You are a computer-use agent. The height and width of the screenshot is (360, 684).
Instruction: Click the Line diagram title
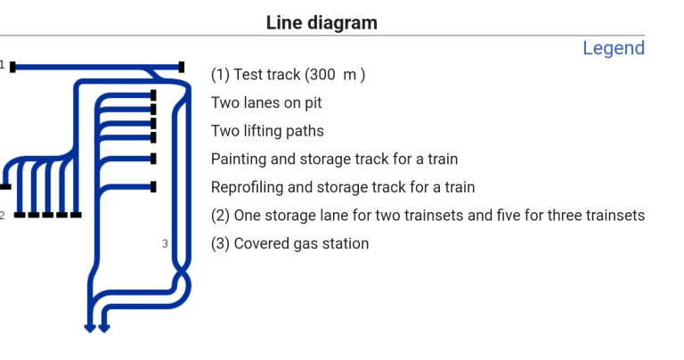pyautogui.click(x=322, y=23)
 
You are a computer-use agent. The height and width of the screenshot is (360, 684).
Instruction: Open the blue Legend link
pyautogui.click(x=613, y=48)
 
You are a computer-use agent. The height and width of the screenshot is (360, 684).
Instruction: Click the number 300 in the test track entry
pyautogui.click(x=321, y=75)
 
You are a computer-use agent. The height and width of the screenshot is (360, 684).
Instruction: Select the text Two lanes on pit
pyautogui.click(x=266, y=102)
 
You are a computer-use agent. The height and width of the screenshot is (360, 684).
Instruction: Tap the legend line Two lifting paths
pyautogui.click(x=267, y=131)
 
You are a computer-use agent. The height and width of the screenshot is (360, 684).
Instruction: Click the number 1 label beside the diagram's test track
pyautogui.click(x=3, y=65)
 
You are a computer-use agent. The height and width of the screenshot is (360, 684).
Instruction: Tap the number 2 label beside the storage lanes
pyautogui.click(x=3, y=215)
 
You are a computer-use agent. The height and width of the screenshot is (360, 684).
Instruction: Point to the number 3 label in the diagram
pyautogui.click(x=165, y=243)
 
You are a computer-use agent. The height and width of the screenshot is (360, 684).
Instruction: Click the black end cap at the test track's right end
pyautogui.click(x=182, y=67)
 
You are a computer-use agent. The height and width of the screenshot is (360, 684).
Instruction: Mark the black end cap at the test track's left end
pyautogui.click(x=12, y=67)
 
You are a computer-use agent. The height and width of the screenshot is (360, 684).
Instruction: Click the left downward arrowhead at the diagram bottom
pyautogui.click(x=89, y=328)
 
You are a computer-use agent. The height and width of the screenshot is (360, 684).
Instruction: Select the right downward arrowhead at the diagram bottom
pyautogui.click(x=104, y=328)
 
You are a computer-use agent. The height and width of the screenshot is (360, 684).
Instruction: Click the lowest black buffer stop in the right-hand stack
pyautogui.click(x=154, y=187)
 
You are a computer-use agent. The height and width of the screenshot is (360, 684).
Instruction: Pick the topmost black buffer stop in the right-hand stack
pyautogui.click(x=154, y=94)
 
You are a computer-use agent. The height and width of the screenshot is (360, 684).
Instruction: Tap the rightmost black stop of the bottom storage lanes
pyautogui.click(x=76, y=215)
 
